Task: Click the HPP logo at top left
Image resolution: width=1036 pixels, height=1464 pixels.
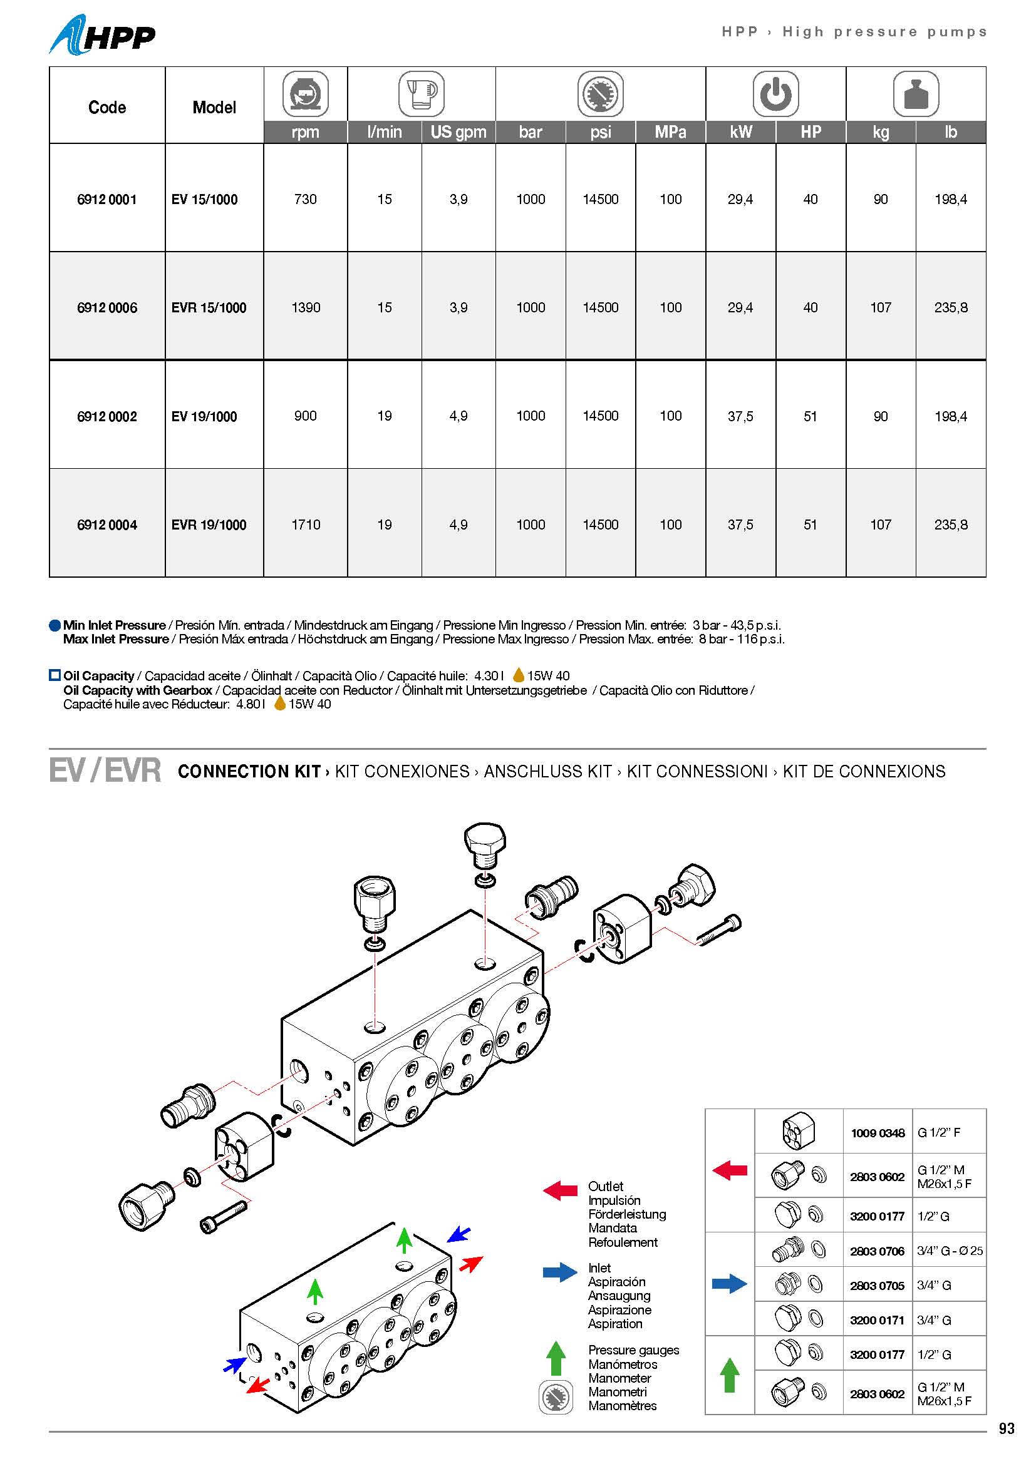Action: point(102,36)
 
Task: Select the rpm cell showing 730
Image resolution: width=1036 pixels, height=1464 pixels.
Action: point(305,199)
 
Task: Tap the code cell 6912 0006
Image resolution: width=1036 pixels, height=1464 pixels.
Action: point(106,307)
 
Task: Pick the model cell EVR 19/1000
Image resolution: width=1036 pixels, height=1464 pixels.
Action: point(209,525)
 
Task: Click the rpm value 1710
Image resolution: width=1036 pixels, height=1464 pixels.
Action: point(306,525)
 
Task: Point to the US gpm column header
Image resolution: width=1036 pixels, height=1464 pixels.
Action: point(458,132)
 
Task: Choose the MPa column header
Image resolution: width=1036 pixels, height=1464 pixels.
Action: point(670,132)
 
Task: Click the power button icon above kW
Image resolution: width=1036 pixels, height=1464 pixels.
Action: point(775,95)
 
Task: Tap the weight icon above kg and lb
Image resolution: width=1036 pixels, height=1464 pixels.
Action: point(916,95)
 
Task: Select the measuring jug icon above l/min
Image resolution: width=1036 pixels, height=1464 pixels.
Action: point(421,95)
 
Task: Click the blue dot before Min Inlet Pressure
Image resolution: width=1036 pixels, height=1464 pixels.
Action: point(55,625)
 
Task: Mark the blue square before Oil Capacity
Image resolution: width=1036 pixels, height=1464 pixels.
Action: point(55,675)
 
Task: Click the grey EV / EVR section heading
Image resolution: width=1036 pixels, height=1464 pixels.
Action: point(105,770)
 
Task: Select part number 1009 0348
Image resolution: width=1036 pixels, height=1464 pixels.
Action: point(877,1133)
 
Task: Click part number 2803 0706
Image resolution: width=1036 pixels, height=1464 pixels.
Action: point(876,1252)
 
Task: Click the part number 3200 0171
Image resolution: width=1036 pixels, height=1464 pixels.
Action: point(876,1321)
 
